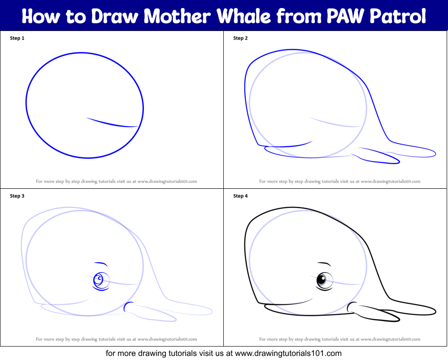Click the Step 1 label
tap(17, 38)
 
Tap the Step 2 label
tap(240, 38)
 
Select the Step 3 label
tap(17, 196)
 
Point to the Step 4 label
tap(240, 196)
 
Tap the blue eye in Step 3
tap(99, 280)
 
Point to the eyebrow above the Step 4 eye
tap(324, 263)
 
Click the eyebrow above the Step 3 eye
tap(101, 263)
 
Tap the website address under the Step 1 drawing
tap(167, 182)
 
